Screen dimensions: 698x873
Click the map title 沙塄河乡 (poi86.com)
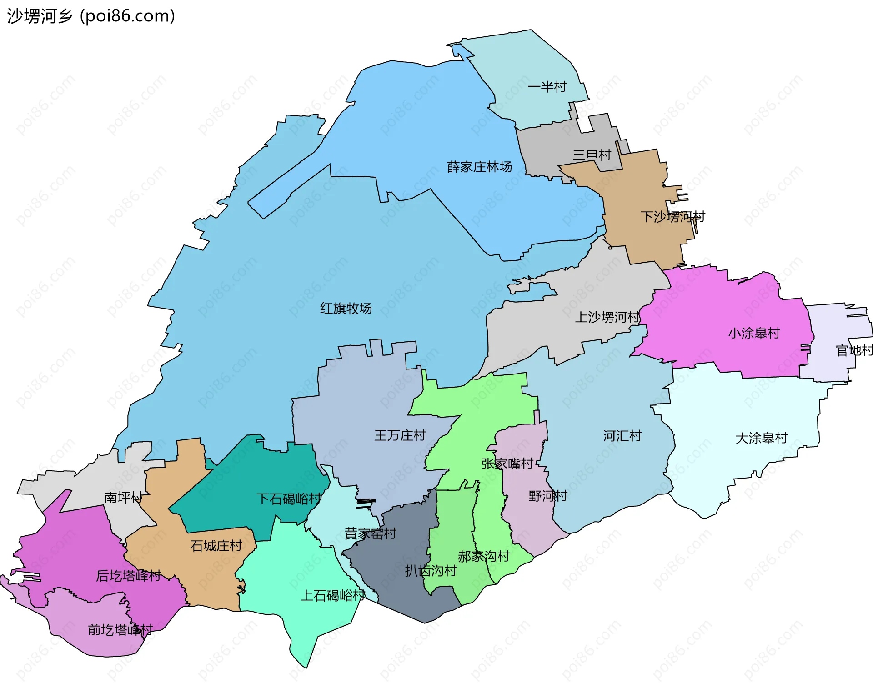[x=91, y=16]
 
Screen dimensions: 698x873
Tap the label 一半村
[x=547, y=87]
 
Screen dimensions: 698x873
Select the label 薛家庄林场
[x=479, y=167]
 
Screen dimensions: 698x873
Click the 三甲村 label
[x=592, y=155]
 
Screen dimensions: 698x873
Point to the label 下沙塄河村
[x=672, y=217]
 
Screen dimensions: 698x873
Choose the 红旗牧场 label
[x=346, y=309]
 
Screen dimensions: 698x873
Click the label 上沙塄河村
[x=607, y=317]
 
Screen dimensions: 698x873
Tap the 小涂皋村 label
[x=754, y=333]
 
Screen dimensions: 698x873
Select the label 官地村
[x=854, y=350]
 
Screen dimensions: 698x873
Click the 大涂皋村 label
[x=761, y=438]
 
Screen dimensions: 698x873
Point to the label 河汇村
[x=622, y=436]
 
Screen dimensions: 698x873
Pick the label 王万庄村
[x=400, y=435]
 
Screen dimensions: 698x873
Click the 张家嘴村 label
[x=507, y=464]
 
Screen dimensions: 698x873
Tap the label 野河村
[x=547, y=496]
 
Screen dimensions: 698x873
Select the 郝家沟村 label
[x=483, y=556]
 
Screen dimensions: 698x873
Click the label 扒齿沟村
[x=431, y=571]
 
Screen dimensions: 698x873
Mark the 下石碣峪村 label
[x=289, y=499]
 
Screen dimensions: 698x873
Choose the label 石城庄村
[x=216, y=546]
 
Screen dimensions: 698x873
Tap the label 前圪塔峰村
[x=120, y=630]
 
